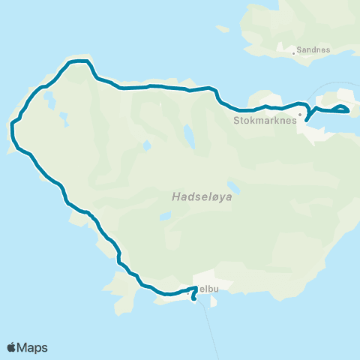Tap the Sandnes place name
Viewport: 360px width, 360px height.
point(313,50)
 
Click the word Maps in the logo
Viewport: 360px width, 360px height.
point(33,347)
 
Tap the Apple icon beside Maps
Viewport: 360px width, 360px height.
point(12,346)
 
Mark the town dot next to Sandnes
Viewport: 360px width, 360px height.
point(294,53)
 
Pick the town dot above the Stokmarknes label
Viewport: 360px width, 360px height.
point(299,115)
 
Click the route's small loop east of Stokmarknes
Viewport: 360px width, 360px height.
point(341,109)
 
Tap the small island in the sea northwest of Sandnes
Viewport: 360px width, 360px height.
point(222,30)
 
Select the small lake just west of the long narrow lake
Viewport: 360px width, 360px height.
point(148,144)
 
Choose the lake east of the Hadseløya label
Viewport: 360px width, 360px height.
point(235,186)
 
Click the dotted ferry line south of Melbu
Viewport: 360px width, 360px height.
point(212,330)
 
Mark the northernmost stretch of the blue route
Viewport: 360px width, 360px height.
point(79,61)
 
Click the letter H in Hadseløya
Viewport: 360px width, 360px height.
point(175,198)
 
